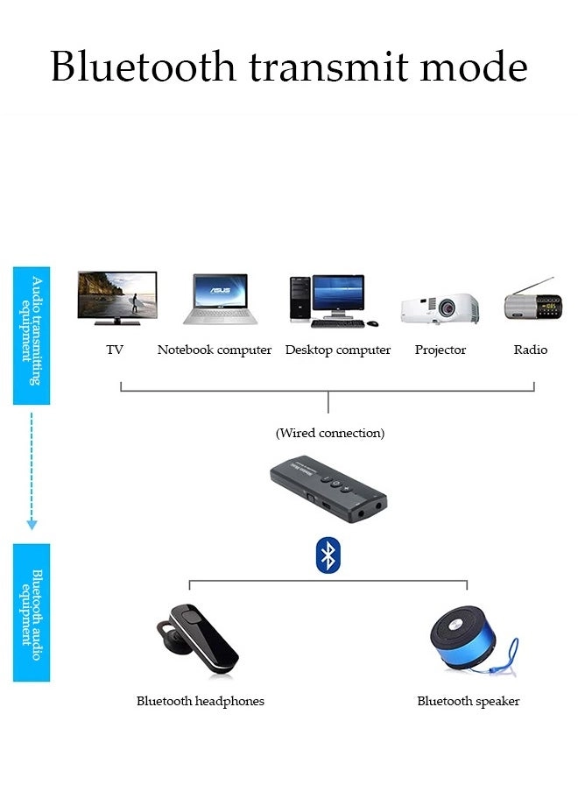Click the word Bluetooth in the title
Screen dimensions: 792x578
pyautogui.click(x=143, y=67)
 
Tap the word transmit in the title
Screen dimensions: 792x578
pyautogui.click(x=331, y=67)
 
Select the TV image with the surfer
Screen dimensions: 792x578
pyautogui.click(x=116, y=298)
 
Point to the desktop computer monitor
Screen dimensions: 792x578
pyautogui.click(x=338, y=295)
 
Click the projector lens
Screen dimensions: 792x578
pyautogui.click(x=448, y=308)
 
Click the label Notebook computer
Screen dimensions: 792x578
pyautogui.click(x=215, y=350)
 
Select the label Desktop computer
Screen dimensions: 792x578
pyautogui.click(x=338, y=350)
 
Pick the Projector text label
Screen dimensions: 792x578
pyautogui.click(x=440, y=350)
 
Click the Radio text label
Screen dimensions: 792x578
pyautogui.click(x=531, y=350)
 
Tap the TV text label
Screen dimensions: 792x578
pyautogui.click(x=115, y=350)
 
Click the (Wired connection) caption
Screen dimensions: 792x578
pyautogui.click(x=330, y=433)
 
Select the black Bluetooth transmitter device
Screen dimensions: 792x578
pyautogui.click(x=329, y=489)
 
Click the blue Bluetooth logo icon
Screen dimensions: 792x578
pyautogui.click(x=328, y=555)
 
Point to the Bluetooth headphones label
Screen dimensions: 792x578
pyautogui.click(x=201, y=701)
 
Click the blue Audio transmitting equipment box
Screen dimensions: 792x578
pyautogui.click(x=32, y=336)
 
